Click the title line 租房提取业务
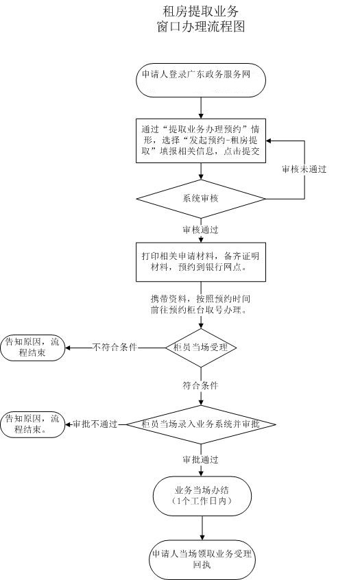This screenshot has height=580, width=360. click(x=200, y=12)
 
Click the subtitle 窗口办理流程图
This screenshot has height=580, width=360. click(x=200, y=27)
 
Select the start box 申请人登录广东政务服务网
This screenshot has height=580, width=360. click(x=201, y=80)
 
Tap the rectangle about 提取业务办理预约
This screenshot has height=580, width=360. click(x=201, y=140)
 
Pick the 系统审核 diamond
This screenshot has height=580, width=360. click(x=201, y=199)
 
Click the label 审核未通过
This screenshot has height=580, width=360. click(x=304, y=169)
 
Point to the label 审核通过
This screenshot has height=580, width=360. click(x=201, y=229)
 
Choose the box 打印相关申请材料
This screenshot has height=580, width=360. click(x=201, y=261)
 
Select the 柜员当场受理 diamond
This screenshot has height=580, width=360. click(x=201, y=347)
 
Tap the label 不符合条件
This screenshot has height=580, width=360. click(x=115, y=347)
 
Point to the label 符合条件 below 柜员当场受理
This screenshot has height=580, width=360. click(x=201, y=386)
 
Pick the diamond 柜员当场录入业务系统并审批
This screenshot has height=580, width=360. click(x=201, y=424)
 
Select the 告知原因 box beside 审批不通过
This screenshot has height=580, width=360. click(x=32, y=424)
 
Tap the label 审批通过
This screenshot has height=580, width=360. click(x=201, y=459)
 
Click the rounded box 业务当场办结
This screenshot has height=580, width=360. click(x=201, y=495)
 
